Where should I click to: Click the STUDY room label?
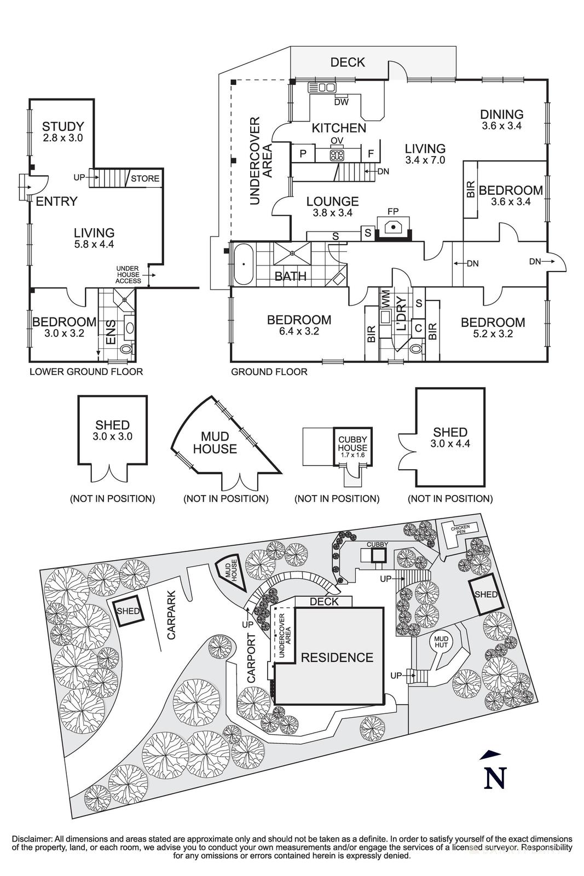[x=63, y=127]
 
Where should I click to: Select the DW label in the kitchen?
[x=341, y=102]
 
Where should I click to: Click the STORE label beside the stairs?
[x=145, y=178]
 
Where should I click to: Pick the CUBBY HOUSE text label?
[x=352, y=444]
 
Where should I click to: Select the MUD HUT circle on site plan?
[x=441, y=642]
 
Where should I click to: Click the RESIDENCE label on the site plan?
[x=337, y=658]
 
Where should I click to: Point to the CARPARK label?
[x=172, y=615]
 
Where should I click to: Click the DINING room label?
[x=502, y=114]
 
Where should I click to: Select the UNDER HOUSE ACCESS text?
[x=128, y=275]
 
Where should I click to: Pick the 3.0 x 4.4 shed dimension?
[x=450, y=444]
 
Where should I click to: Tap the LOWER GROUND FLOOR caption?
[x=86, y=372]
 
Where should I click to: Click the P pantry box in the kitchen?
[x=303, y=154]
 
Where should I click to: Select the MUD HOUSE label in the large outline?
[x=218, y=443]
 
